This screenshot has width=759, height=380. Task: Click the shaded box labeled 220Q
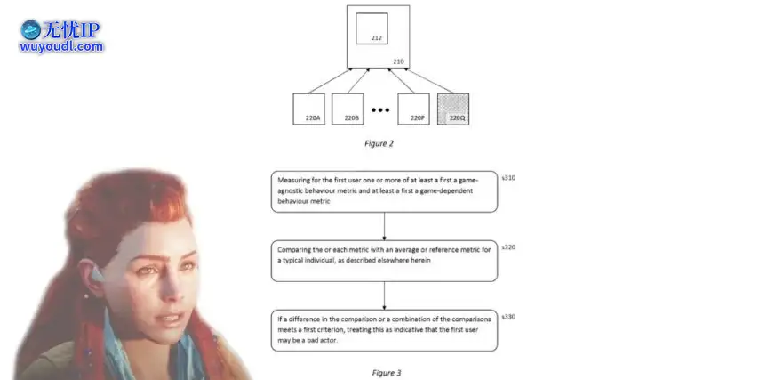click(453, 109)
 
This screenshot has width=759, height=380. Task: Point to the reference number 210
click(398, 62)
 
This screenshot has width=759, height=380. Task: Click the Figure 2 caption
click(379, 143)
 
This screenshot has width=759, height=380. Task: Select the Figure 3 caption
click(387, 373)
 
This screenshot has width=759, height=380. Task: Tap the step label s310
click(508, 178)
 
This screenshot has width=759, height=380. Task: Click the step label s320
click(508, 247)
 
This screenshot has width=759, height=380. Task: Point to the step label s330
click(508, 317)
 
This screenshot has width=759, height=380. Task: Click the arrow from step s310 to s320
click(384, 226)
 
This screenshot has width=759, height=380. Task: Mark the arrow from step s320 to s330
click(384, 295)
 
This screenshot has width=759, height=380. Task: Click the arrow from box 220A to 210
click(330, 80)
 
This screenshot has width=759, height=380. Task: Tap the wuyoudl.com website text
click(61, 47)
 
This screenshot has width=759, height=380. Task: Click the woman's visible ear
click(91, 276)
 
